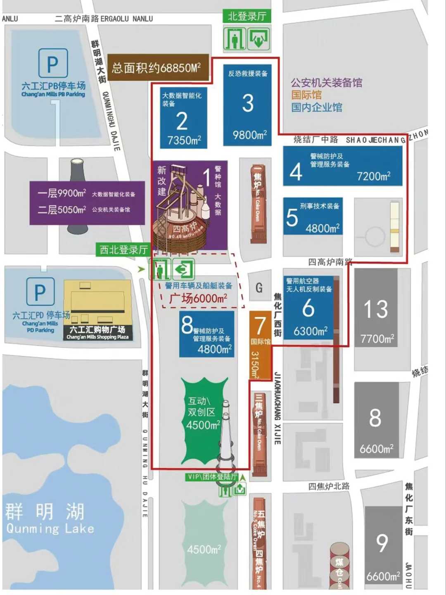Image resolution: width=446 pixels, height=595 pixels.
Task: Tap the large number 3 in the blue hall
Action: click(247, 103)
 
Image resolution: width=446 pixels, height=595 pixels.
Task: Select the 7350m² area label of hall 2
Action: click(184, 140)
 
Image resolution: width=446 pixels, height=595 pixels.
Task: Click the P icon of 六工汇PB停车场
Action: click(53, 64)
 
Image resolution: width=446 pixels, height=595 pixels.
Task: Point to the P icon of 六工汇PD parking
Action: click(40, 292)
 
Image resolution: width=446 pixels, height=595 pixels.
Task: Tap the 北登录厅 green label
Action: click(247, 17)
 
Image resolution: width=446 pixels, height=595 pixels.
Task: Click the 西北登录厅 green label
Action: click(123, 250)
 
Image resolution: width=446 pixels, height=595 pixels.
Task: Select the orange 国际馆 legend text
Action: click(306, 95)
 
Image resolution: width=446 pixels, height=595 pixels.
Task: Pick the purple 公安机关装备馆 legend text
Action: click(326, 83)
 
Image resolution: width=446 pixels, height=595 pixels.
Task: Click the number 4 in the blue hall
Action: click(296, 172)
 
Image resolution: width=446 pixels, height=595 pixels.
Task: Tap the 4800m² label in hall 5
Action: click(322, 228)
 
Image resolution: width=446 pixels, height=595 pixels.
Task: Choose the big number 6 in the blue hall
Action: click(308, 308)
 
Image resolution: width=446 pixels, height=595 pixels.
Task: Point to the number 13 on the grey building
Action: click(376, 309)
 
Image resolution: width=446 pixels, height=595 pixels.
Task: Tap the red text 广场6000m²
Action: click(198, 298)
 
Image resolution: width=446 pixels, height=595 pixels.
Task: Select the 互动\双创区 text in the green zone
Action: click(199, 406)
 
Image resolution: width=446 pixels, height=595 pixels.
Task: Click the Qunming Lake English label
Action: click(50, 528)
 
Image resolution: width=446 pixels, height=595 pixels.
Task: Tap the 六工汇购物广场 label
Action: click(97, 329)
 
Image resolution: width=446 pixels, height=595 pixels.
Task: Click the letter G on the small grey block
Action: click(259, 288)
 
